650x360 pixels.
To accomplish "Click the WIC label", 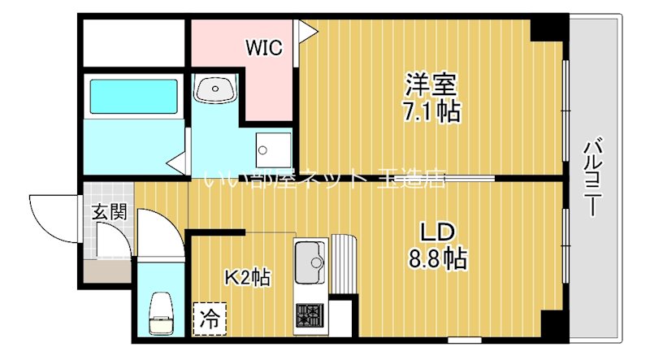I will pos(265,48).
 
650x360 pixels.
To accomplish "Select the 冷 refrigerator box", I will pos(210,317).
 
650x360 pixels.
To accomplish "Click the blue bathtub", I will pos(133,96).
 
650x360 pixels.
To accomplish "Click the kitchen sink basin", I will pos(310,259).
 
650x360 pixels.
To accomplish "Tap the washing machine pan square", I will pos(269,148).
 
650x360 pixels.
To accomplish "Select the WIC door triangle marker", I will pos(306,30).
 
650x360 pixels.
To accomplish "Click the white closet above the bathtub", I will pos(134,40).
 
